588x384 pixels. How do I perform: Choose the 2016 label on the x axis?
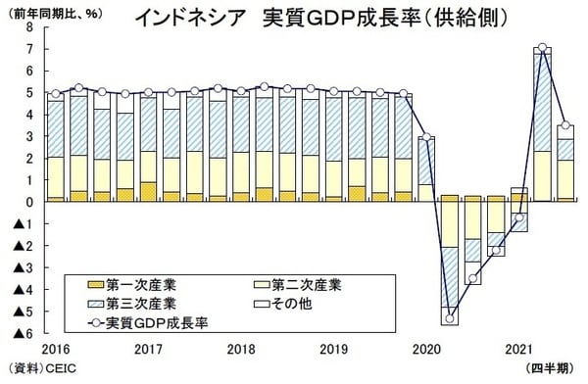pyautogui.click(x=55, y=349)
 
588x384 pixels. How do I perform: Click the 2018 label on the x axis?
pyautogui.click(x=240, y=349)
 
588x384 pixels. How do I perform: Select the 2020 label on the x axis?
pyautogui.click(x=425, y=349)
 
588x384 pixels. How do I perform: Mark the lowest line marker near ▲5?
pyautogui.click(x=449, y=317)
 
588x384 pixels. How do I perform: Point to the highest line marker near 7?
pyautogui.click(x=542, y=48)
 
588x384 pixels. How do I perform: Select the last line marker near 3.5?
pyautogui.click(x=565, y=125)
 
